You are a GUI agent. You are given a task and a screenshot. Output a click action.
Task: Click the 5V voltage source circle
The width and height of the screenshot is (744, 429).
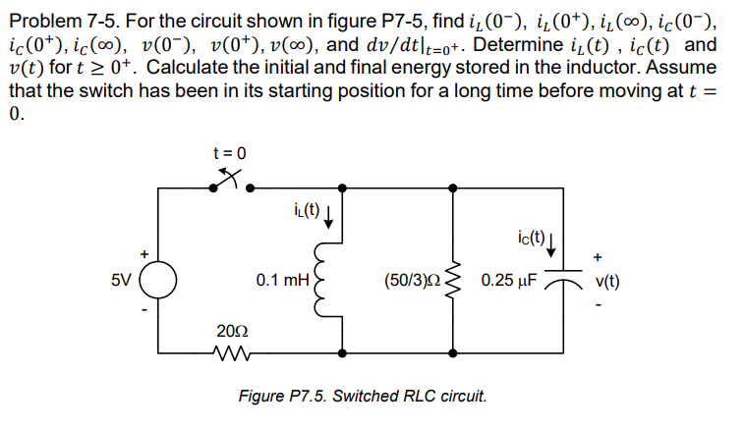[x=158, y=279]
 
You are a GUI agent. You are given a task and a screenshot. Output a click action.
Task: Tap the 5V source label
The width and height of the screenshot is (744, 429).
[x=119, y=280]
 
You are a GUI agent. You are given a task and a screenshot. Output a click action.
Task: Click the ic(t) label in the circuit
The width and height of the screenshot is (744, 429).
[x=530, y=236]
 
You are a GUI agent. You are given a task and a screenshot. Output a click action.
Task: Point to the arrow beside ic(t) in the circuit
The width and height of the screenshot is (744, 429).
[x=555, y=241]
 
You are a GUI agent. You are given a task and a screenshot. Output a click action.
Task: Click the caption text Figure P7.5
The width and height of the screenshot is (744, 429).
[x=363, y=397]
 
